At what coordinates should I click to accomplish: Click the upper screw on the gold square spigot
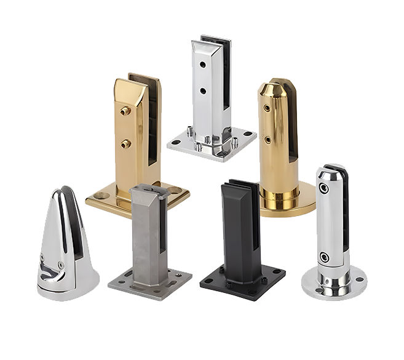[x=125, y=111]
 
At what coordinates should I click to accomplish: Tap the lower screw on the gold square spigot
[x=125, y=143]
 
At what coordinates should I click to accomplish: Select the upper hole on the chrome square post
[x=202, y=63]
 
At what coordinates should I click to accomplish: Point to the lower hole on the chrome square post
[x=202, y=91]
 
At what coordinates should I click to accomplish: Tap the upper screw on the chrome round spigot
[x=324, y=189]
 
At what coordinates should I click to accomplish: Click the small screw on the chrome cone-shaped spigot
[x=60, y=266]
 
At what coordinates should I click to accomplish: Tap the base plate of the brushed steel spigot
[x=149, y=282]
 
